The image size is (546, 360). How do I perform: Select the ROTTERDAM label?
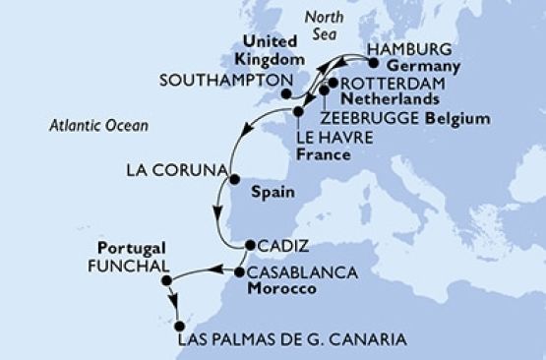(384, 84)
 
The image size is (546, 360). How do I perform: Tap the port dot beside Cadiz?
(248, 246)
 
